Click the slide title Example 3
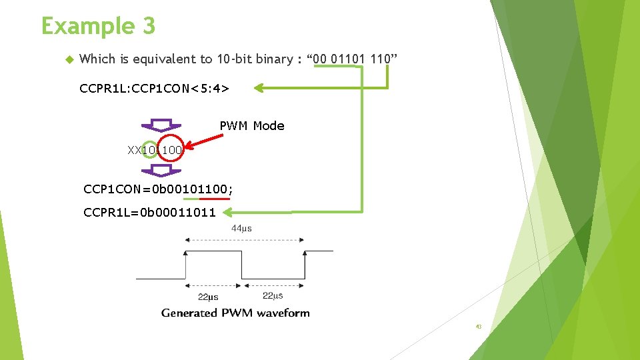click(98, 27)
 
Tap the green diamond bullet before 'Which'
click(68, 59)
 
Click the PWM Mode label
click(252, 126)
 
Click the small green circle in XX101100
click(151, 150)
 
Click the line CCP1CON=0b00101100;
click(159, 189)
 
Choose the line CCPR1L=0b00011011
click(149, 213)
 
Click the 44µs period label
click(241, 229)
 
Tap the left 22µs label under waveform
click(208, 297)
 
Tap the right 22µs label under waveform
click(273, 296)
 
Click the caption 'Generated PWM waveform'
click(235, 313)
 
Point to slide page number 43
click(479, 327)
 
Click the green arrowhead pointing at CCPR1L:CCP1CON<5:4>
click(259, 87)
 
